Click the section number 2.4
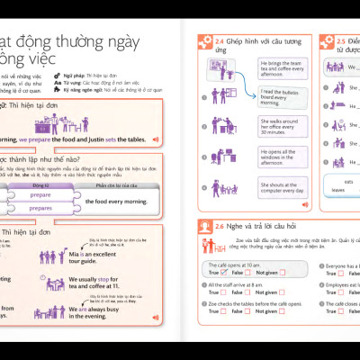pyautogui.click(x=221, y=40)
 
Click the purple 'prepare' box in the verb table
pyautogui.click(x=40, y=194)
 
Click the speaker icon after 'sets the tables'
pyautogui.click(x=156, y=139)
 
